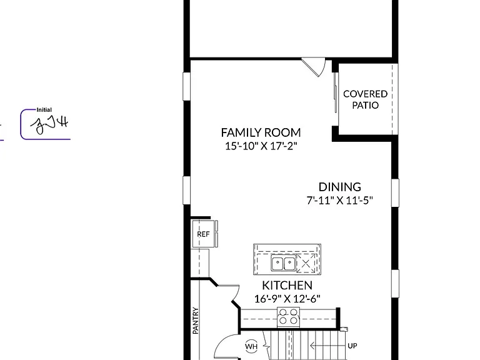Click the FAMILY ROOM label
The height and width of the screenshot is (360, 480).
[261, 132]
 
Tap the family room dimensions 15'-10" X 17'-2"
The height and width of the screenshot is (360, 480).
[261, 146]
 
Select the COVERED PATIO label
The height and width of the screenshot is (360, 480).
[365, 99]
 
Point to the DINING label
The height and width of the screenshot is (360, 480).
[340, 187]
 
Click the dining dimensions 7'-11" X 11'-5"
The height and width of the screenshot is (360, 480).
[340, 200]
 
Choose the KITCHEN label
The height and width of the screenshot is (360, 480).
[287, 285]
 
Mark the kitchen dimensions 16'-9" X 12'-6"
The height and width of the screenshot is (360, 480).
[287, 299]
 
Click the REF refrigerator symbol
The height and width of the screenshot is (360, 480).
[204, 234]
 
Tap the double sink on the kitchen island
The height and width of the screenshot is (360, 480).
[284, 263]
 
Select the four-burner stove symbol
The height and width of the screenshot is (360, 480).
[288, 317]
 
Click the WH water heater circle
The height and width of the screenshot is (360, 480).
[251, 346]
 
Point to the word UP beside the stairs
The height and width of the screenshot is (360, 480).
[352, 346]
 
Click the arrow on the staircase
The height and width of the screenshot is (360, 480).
[327, 346]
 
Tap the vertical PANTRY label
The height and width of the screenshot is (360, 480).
[196, 321]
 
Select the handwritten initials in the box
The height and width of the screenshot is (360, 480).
[49, 124]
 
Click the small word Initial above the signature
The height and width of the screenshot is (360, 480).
[44, 110]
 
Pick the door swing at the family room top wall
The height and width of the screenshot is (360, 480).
[314, 67]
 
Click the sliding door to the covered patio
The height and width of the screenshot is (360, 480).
[336, 92]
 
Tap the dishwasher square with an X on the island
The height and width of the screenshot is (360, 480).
[306, 263]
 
